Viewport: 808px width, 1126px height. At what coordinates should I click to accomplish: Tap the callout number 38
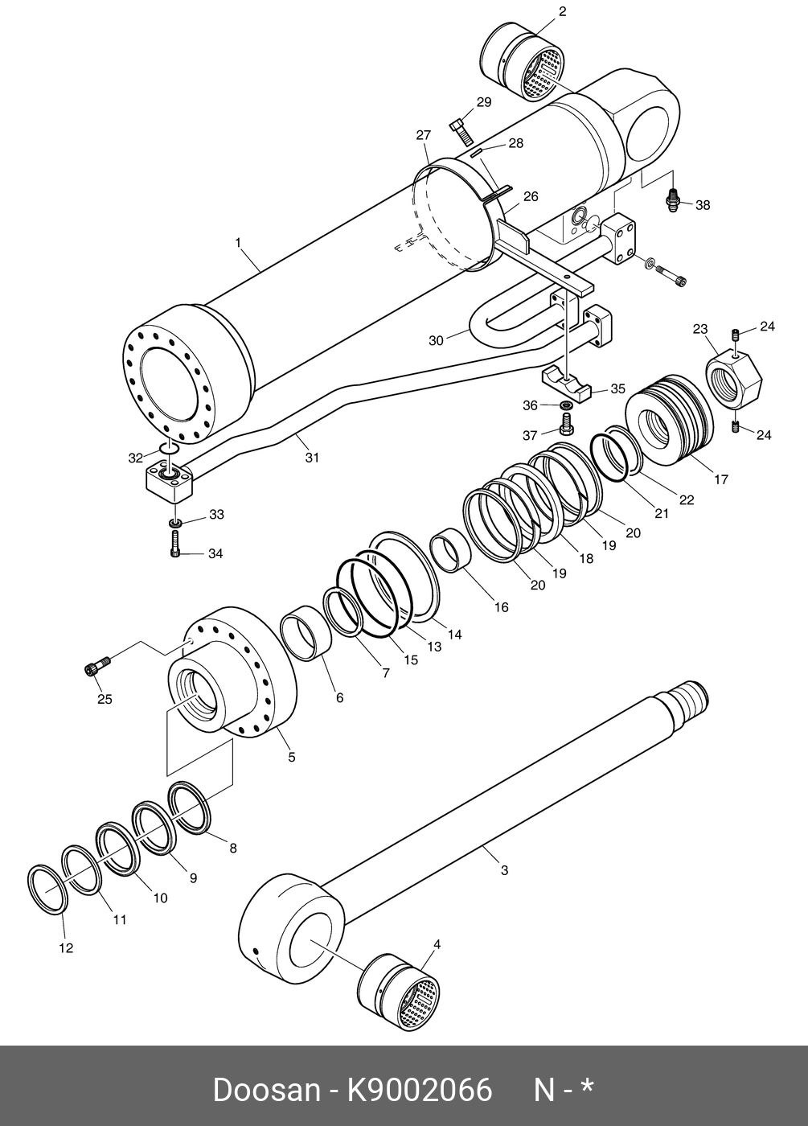point(703,205)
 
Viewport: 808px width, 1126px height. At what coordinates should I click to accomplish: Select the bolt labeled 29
point(459,130)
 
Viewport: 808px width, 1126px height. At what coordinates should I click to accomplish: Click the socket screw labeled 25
point(96,667)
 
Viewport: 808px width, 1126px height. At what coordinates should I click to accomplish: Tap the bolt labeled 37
point(565,424)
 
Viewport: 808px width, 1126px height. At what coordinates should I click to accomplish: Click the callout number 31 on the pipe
point(312,458)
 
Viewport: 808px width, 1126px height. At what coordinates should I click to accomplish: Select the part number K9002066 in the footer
point(419,1091)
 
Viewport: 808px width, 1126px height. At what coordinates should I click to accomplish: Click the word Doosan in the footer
point(266,1091)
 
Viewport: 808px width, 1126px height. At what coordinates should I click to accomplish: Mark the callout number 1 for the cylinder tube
point(238,241)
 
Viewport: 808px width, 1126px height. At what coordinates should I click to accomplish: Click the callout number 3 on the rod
point(504,870)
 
